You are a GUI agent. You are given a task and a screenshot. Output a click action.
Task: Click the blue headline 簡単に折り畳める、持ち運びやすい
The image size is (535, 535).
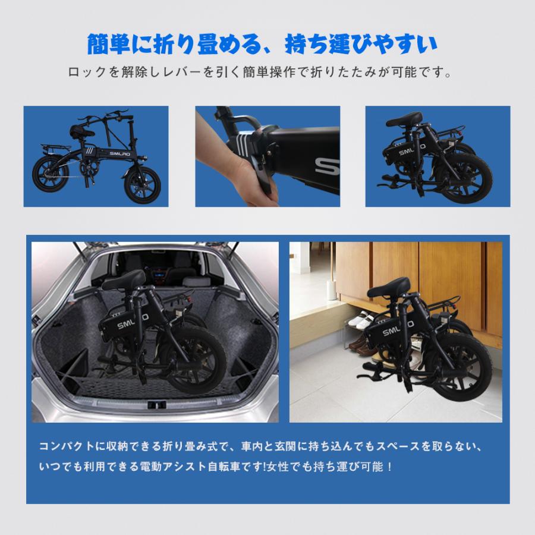coord(262,44)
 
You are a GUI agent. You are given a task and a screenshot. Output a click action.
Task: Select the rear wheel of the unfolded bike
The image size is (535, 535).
coord(51,176)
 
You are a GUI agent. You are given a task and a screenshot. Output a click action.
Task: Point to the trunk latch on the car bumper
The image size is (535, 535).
coord(156,404)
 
